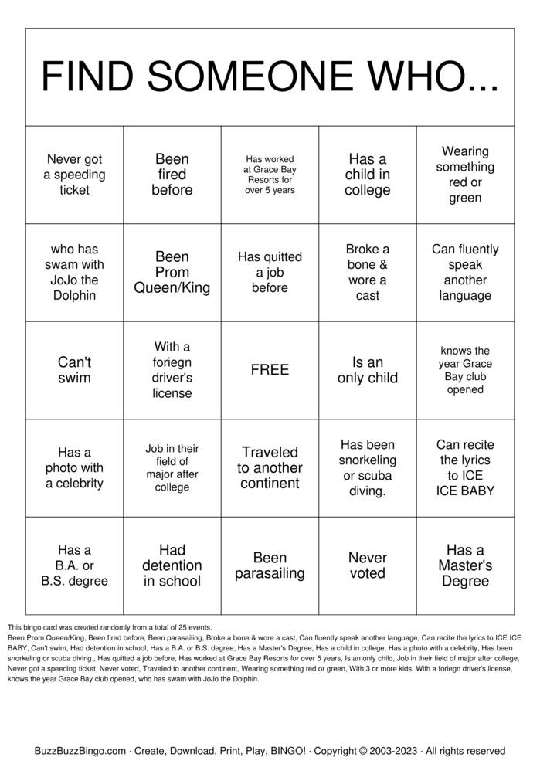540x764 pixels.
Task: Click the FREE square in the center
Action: [270, 370]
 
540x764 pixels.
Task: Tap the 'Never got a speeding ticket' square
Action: [74, 175]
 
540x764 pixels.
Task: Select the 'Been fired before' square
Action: [172, 175]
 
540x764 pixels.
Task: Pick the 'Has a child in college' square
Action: [367, 175]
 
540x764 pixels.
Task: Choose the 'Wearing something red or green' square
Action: [465, 175]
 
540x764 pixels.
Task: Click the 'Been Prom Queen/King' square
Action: [172, 272]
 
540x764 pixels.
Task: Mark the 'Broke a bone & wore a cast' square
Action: [367, 272]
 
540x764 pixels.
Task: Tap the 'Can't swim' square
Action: [74, 370]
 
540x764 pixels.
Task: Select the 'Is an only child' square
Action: [367, 370]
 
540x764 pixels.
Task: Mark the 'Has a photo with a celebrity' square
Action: [74, 468]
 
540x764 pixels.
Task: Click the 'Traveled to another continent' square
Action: [270, 468]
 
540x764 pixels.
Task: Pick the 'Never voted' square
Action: [367, 565]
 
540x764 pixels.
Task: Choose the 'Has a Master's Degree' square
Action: [465, 565]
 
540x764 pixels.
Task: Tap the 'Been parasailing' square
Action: [270, 565]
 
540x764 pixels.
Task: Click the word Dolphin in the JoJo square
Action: [74, 296]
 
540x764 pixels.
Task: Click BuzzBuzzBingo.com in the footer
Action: [80, 750]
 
